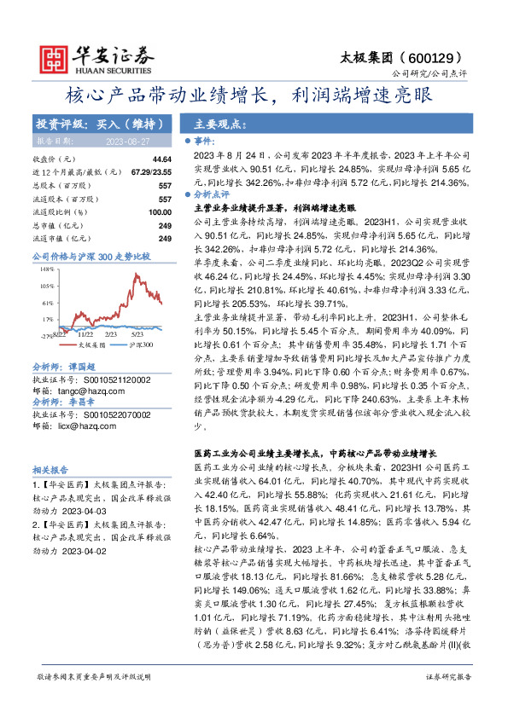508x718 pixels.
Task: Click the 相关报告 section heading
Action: (46, 470)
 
